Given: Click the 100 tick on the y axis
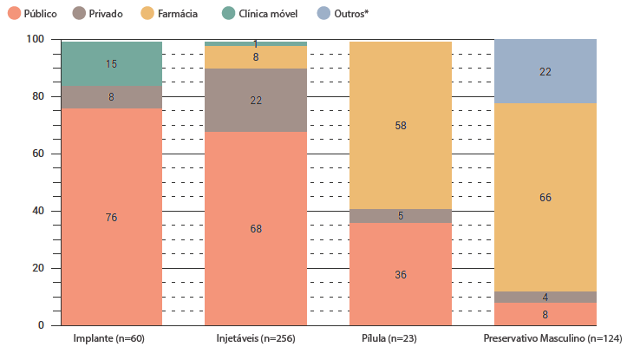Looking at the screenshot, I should point(36,40).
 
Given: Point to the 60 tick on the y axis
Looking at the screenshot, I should point(38,154).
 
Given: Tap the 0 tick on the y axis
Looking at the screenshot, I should point(41,326).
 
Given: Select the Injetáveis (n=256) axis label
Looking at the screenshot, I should point(256,338).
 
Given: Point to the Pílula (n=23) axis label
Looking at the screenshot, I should point(401,338).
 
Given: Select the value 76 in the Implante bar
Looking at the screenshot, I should point(111,218).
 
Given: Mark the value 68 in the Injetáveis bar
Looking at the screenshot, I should point(256,229).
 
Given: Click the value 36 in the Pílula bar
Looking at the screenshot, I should point(401,275).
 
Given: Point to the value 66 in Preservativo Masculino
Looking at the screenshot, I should point(545,198).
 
